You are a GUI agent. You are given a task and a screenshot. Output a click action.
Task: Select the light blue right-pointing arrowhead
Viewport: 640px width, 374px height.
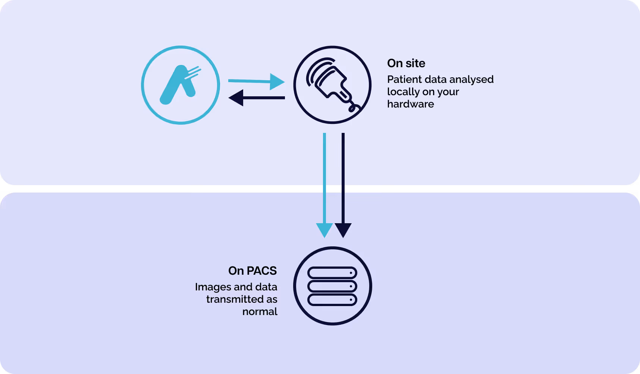click(x=277, y=81)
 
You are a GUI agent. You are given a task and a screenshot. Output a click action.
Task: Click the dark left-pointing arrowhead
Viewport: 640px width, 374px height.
click(x=236, y=98)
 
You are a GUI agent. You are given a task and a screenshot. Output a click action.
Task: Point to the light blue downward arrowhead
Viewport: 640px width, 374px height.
click(x=324, y=230)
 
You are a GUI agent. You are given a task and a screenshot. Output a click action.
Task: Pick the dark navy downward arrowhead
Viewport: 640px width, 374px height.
click(x=343, y=230)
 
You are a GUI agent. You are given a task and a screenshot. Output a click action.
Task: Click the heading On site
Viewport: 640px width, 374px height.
click(x=406, y=63)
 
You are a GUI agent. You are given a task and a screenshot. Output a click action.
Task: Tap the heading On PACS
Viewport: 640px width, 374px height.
click(x=252, y=271)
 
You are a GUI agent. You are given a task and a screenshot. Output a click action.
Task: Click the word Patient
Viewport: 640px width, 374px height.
click(x=403, y=80)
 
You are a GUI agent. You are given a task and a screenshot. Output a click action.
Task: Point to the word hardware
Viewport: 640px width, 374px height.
click(x=410, y=104)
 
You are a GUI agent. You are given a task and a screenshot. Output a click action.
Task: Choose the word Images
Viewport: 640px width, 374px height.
click(x=213, y=287)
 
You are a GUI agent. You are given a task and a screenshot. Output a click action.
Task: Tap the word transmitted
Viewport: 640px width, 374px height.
click(x=235, y=299)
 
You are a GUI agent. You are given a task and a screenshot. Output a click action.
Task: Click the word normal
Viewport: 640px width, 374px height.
click(x=260, y=312)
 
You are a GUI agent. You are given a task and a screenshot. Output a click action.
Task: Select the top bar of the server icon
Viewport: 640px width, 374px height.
click(x=332, y=273)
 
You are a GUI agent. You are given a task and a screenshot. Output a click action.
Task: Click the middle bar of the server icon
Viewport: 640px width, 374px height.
click(x=332, y=286)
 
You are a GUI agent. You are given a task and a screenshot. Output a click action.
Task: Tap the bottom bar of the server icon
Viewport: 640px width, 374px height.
click(x=332, y=300)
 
